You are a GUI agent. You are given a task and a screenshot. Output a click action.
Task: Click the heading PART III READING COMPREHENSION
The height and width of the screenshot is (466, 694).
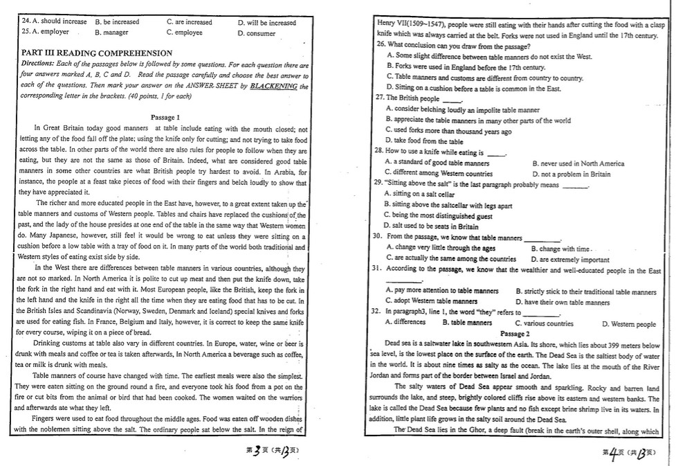click(x=97, y=53)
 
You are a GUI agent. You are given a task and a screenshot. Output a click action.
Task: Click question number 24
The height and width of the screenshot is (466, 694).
click(x=26, y=22)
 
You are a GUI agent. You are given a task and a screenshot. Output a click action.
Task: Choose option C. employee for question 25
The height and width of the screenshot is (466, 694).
click(x=184, y=33)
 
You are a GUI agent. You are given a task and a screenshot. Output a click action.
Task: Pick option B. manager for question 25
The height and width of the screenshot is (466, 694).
click(x=111, y=33)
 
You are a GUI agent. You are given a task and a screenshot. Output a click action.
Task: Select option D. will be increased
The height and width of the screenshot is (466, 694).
click(x=266, y=22)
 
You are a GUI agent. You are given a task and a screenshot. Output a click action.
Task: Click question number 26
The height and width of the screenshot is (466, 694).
click(x=381, y=44)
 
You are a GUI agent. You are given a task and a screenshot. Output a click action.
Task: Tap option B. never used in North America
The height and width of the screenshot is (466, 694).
click(x=578, y=163)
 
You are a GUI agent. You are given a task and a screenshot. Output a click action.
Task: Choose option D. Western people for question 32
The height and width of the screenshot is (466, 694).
click(x=628, y=323)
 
